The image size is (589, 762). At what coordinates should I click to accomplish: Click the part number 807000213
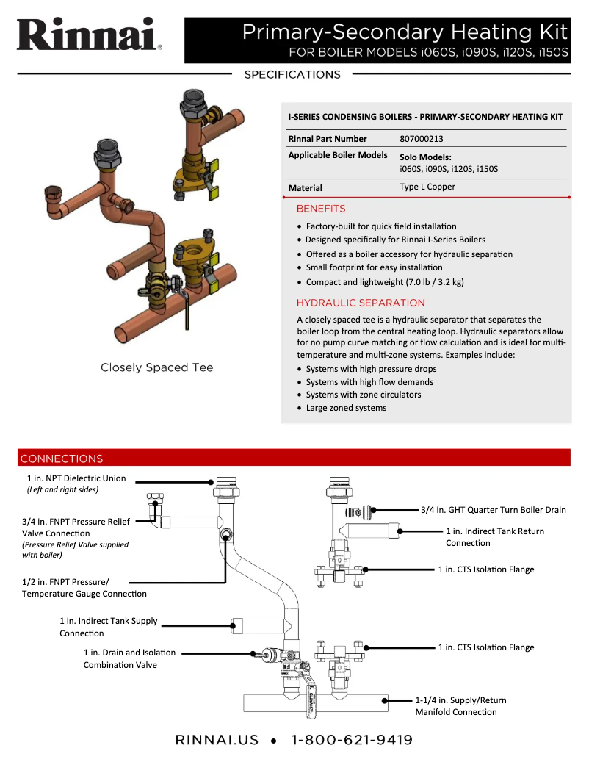421,138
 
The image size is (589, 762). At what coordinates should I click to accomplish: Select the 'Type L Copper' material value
427,187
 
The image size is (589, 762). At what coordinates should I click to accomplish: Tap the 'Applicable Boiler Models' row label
337,155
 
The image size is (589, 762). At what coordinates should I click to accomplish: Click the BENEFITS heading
320,209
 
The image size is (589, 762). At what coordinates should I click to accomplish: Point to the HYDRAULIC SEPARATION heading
361,303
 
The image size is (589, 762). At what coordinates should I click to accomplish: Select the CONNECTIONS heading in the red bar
62,459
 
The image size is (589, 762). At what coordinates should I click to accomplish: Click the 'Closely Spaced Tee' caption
156,367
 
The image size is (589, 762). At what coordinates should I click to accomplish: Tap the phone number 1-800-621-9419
352,740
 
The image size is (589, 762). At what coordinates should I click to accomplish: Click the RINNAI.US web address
217,740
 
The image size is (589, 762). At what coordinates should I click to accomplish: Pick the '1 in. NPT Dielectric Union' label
76,478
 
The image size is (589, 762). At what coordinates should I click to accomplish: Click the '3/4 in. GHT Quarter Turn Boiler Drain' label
493,509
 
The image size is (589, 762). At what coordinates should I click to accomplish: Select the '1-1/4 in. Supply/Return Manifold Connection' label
460,705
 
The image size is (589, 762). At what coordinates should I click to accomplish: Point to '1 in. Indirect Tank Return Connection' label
494,536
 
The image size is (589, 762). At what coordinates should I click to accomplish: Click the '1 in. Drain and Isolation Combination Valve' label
129,658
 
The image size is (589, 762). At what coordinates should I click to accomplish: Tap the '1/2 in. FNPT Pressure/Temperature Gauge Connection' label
84,588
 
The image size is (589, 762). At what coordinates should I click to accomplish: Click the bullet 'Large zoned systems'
346,408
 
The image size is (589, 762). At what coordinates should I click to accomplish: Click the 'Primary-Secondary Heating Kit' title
405,32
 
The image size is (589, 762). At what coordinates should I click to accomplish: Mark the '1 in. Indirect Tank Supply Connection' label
108,627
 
